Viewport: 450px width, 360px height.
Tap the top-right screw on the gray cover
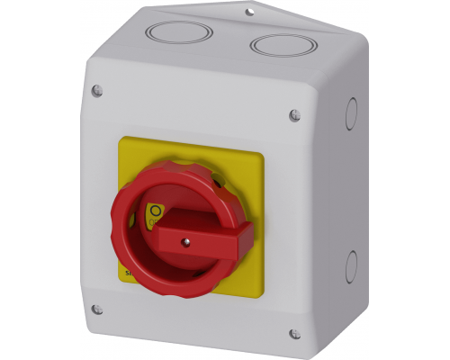coord(295,114)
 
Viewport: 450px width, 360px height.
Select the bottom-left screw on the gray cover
coord(97,310)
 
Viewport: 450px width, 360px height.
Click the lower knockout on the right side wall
coord(351,265)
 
